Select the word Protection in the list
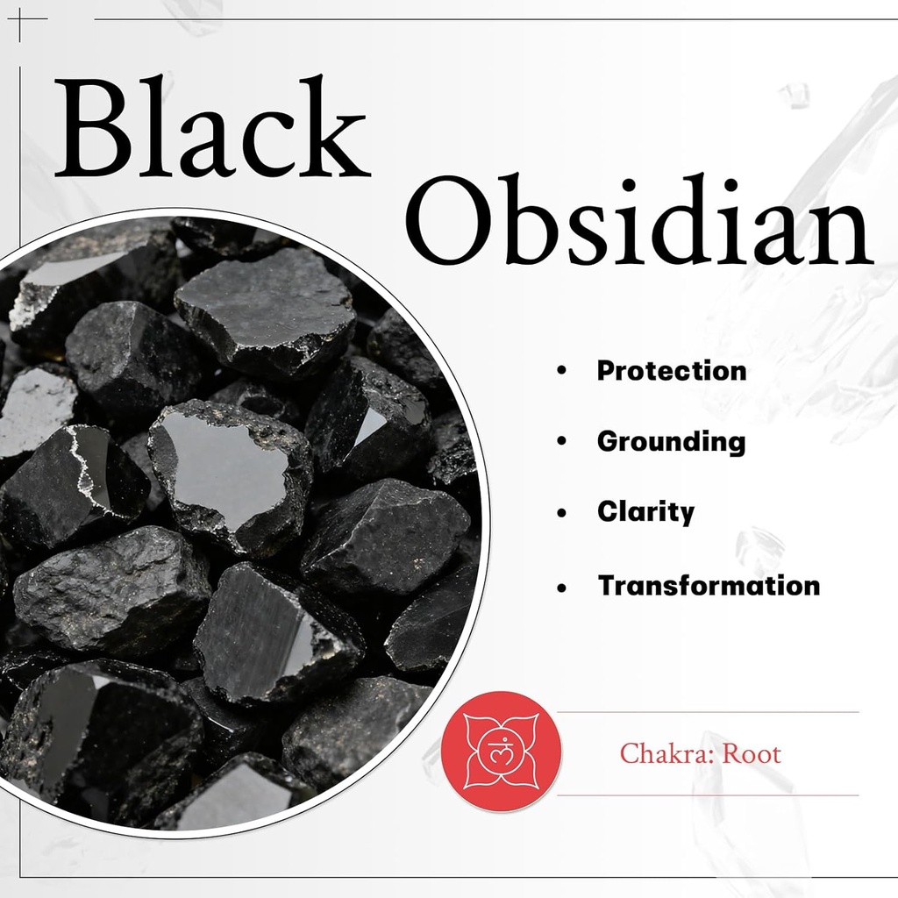(x=672, y=370)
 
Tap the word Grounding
(x=671, y=442)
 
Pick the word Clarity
(x=645, y=511)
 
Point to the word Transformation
(x=709, y=585)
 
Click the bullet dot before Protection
(x=561, y=371)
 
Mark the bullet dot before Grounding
(x=561, y=442)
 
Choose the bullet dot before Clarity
(x=561, y=513)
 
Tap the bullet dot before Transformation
(x=561, y=586)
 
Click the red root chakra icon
(x=501, y=752)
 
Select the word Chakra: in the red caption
(x=666, y=753)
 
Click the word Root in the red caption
(x=751, y=753)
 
